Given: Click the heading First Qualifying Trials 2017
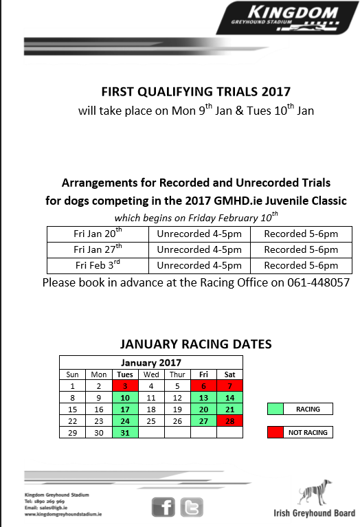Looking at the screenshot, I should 196,91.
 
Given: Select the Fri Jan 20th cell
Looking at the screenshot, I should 98,233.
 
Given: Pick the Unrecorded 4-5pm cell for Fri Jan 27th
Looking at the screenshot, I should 199,249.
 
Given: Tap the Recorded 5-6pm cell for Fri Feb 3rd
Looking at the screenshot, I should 301,265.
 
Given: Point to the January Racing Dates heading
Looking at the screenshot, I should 196,344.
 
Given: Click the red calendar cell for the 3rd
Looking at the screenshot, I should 125,386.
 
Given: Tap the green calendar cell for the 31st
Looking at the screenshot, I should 125,432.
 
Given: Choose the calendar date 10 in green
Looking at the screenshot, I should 125,398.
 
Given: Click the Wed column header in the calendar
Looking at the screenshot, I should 151,374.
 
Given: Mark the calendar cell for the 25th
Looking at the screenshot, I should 151,421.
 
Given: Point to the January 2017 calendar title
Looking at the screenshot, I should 150,363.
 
